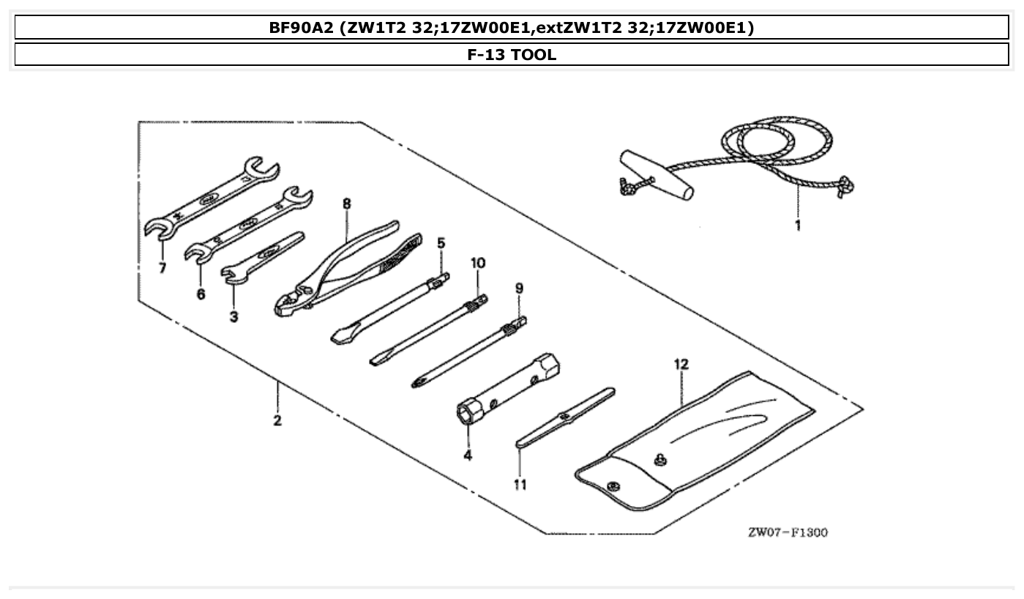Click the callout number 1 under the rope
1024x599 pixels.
click(x=797, y=226)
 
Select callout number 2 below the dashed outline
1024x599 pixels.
click(x=277, y=421)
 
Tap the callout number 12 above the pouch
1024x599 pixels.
click(x=681, y=364)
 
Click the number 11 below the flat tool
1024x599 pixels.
click(x=520, y=485)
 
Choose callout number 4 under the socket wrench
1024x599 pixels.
click(x=467, y=455)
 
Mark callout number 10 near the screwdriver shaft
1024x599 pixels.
click(x=477, y=263)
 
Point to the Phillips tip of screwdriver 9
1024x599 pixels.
click(x=419, y=382)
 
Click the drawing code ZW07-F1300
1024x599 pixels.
click(x=787, y=532)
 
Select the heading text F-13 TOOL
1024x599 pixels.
click(x=512, y=55)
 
